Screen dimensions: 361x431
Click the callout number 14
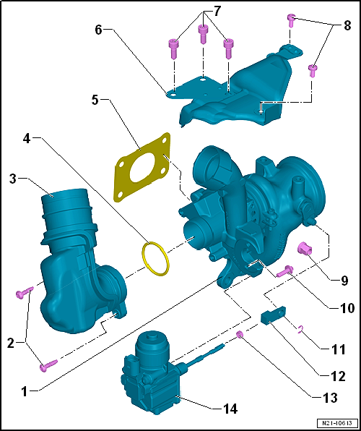(x=228, y=409)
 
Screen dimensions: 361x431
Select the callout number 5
(x=95, y=101)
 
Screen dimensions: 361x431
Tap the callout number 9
(x=344, y=281)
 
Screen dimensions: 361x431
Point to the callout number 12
(x=336, y=376)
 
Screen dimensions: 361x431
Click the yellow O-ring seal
(x=156, y=258)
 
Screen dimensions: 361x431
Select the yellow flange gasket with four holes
(x=142, y=167)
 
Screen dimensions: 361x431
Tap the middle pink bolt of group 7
(x=203, y=34)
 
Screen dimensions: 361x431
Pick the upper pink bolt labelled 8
(x=291, y=20)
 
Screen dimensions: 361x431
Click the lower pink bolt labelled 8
(x=312, y=71)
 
